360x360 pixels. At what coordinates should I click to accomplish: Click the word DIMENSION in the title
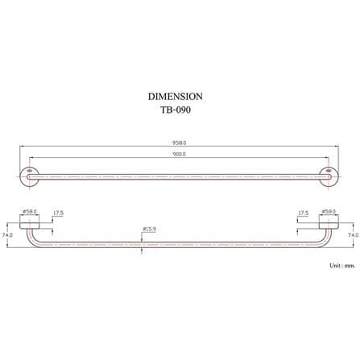pos(176,97)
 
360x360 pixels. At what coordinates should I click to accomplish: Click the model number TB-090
pos(176,110)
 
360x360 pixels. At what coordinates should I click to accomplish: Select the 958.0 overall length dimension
pos(179,143)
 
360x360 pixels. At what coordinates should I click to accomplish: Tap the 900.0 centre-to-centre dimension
pos(179,154)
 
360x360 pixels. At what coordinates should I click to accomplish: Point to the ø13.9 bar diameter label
pos(150,230)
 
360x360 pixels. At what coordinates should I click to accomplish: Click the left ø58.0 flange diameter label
pos(30,212)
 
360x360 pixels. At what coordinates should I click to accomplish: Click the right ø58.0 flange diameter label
pos(329,212)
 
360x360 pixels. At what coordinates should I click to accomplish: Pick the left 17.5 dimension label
pos(58,213)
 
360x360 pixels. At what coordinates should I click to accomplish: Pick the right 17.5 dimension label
pos(304,213)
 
